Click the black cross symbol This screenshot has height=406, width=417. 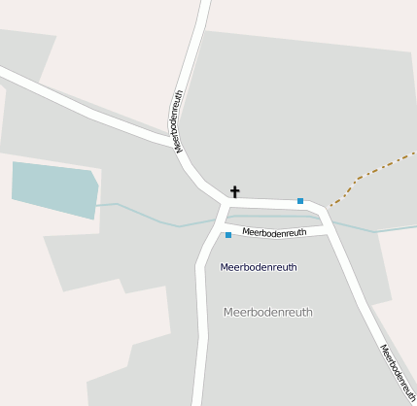pyautogui.click(x=234, y=191)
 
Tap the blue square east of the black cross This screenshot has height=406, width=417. pyautogui.click(x=300, y=201)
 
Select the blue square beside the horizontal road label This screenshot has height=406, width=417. pyautogui.click(x=228, y=235)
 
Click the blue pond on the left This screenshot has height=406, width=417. pyautogui.click(x=54, y=188)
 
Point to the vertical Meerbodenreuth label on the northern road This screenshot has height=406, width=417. pyautogui.click(x=179, y=121)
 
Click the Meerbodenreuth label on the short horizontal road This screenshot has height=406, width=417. pyautogui.click(x=274, y=232)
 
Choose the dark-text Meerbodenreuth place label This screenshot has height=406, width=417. pyautogui.click(x=259, y=266)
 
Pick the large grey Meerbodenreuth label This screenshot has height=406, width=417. pyautogui.click(x=268, y=312)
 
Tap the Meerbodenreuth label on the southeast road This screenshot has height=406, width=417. pyautogui.click(x=397, y=372)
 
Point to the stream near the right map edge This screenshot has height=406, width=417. pyautogui.click(x=394, y=229)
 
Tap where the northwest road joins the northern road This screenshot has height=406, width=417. pyautogui.click(x=175, y=141)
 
